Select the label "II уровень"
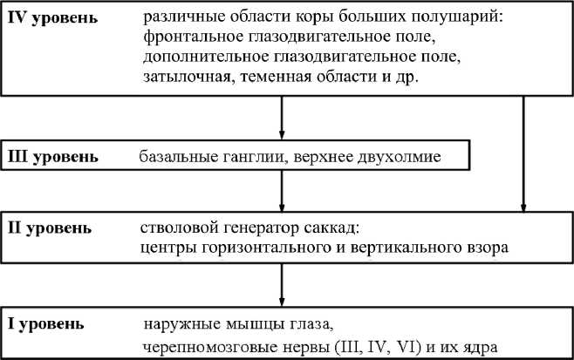(48, 228)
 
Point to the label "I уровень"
(46, 324)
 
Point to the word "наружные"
(174, 325)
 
